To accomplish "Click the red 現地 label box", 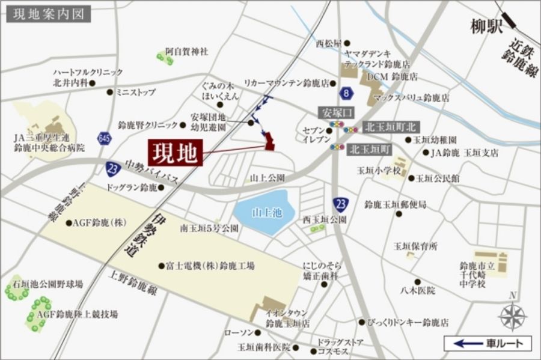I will tap(175, 154).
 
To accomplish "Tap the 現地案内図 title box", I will tap(49, 14).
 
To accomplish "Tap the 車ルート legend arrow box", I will tap(488, 344).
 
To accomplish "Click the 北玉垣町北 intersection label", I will tap(391, 127).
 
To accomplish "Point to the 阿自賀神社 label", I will tap(187, 52).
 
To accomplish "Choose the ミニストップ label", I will tap(136, 93).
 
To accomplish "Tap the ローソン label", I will tap(236, 332).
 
